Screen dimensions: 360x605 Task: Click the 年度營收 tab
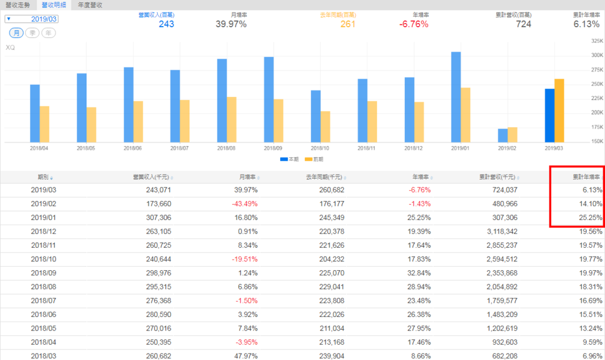(x=90, y=5)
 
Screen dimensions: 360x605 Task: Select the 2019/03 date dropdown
(x=32, y=19)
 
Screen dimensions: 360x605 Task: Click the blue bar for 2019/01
(x=456, y=97)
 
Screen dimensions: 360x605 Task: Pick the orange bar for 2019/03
(x=560, y=111)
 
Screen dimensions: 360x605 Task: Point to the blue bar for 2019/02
(x=503, y=135)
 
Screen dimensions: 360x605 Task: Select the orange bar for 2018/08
(x=232, y=119)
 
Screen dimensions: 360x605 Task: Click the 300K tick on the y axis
(x=596, y=55)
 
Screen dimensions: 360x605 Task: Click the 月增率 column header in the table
(x=248, y=177)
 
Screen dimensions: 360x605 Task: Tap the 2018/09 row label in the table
(x=43, y=273)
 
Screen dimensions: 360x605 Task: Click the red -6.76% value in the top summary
(x=414, y=24)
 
